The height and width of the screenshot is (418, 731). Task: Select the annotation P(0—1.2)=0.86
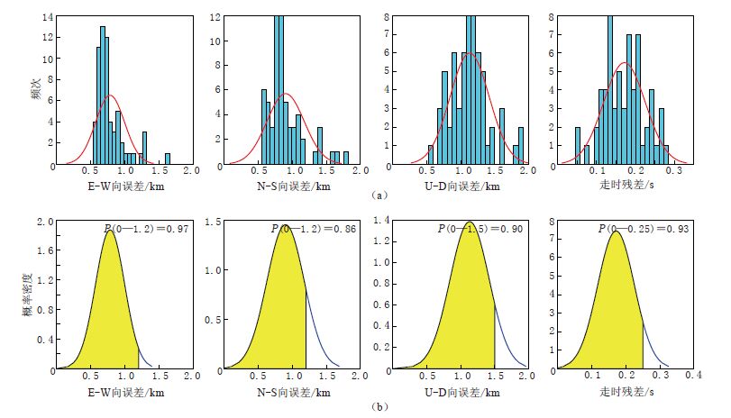point(314,230)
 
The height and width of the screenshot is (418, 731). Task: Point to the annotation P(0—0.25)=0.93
point(643,230)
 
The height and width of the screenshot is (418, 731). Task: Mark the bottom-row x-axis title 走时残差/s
point(626,392)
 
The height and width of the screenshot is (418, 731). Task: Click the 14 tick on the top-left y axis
point(48,17)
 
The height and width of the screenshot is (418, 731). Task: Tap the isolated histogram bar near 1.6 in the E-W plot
point(167,159)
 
